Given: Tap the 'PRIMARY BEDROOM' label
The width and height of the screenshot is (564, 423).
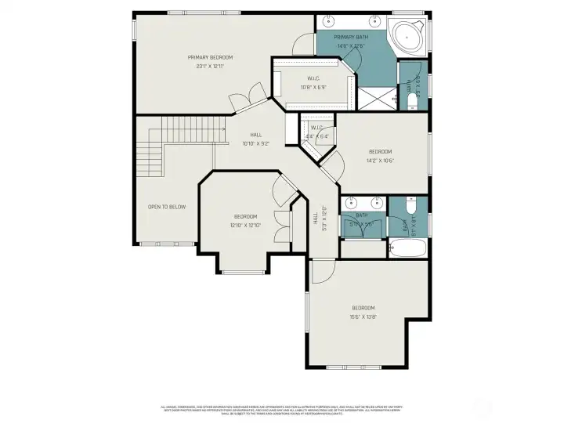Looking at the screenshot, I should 210,57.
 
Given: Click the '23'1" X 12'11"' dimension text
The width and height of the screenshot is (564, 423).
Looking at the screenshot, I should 210,67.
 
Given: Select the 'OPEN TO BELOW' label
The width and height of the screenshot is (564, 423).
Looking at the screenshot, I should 167,207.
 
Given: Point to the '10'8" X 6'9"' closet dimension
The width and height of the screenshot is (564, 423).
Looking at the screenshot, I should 313,87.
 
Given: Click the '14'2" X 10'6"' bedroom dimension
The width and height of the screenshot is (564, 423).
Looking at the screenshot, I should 380,161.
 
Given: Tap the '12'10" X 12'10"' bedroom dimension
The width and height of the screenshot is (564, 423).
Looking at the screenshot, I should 245,226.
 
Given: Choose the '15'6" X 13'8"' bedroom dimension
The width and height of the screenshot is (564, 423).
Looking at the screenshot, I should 363,316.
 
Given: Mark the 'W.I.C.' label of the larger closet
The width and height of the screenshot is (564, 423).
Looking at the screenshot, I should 313,78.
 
